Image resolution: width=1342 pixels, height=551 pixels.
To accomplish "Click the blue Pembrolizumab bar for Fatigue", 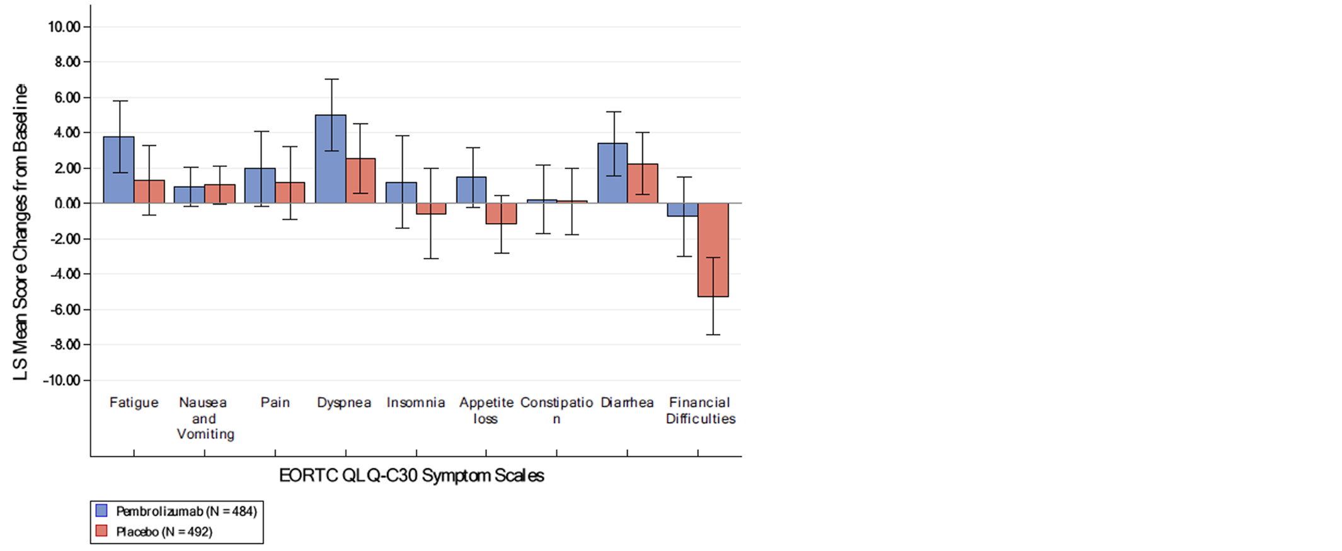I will click(118, 170).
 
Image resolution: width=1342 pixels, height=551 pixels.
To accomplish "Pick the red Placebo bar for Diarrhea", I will click(642, 183).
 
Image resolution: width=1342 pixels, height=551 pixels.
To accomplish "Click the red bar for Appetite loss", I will click(501, 214).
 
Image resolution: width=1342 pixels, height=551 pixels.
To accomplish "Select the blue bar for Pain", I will click(260, 185).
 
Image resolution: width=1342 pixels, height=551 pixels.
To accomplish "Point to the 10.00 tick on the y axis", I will click(64, 27).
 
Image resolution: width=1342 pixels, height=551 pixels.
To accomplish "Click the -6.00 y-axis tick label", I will click(62, 310).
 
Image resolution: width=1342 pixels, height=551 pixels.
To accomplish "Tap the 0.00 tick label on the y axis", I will click(67, 204).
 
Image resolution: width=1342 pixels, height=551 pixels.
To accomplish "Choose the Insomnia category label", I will click(416, 403).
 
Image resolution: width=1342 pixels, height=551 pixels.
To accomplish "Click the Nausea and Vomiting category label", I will click(204, 418).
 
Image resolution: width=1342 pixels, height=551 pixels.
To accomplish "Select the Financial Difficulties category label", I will click(700, 410).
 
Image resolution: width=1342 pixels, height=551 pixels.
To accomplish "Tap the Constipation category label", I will click(556, 410).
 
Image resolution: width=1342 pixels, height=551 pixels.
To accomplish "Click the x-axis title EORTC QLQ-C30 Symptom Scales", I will click(411, 476).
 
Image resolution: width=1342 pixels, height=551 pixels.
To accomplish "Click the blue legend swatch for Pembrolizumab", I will click(101, 511).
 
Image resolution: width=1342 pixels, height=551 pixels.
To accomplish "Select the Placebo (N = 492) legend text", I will click(164, 532).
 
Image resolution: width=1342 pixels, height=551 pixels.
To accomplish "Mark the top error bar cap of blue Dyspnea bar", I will click(331, 79).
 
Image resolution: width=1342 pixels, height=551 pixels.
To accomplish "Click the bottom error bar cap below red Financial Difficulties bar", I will click(713, 334).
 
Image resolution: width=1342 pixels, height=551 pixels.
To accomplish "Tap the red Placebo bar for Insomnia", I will click(431, 209).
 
